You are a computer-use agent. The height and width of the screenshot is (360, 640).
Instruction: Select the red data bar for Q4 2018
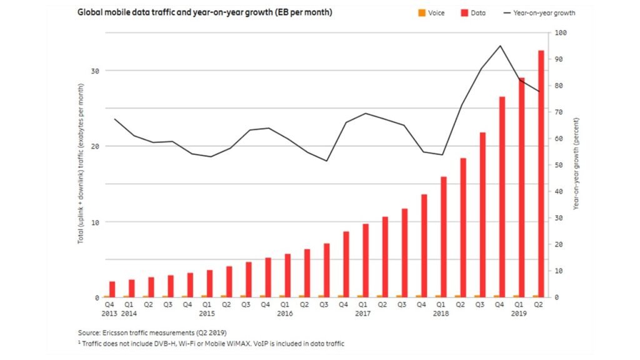coord(502,197)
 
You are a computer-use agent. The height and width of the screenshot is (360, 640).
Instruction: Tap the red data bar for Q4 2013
coord(112,289)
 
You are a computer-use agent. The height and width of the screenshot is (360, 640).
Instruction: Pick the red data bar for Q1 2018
coord(444,237)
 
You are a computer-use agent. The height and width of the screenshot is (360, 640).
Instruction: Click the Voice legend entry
coord(431,12)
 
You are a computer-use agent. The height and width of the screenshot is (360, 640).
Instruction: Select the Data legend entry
coord(474,12)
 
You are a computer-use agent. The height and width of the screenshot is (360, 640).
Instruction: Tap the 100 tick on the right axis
coord(560,32)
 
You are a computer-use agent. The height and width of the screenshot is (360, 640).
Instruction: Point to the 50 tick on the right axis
coord(559,165)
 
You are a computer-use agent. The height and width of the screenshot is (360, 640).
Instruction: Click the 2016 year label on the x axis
coord(285,314)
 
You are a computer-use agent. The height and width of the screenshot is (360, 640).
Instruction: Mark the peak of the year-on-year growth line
coord(499,46)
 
